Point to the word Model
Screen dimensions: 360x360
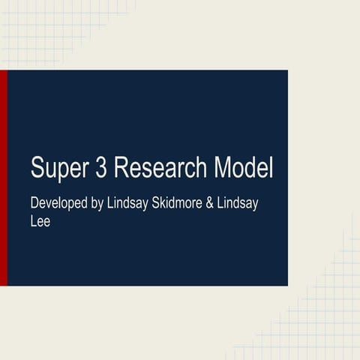pos(240,167)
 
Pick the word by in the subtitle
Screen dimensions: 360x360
pos(95,205)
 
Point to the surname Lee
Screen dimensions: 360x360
pos(40,222)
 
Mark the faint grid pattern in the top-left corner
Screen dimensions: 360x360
pos(45,30)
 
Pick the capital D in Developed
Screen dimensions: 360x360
pos(34,203)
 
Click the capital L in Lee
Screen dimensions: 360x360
pos(34,222)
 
